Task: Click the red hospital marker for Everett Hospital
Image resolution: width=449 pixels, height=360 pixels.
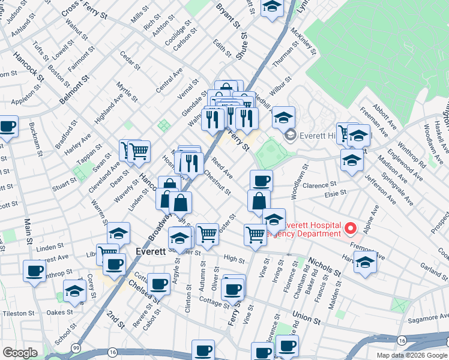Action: (350, 228)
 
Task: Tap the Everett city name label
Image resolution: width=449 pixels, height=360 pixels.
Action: (151, 252)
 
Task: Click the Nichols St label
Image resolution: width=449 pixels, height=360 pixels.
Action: (325, 268)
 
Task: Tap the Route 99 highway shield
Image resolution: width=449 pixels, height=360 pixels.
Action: (76, 349)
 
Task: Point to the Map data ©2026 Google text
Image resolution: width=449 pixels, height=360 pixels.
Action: (412, 355)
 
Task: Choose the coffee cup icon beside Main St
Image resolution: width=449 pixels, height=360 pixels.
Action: (35, 271)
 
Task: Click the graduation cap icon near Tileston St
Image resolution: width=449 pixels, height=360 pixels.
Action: (74, 290)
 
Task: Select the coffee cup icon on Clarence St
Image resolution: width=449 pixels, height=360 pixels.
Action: (261, 180)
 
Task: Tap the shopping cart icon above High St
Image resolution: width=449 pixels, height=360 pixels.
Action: (207, 234)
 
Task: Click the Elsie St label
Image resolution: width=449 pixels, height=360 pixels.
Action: (336, 193)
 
